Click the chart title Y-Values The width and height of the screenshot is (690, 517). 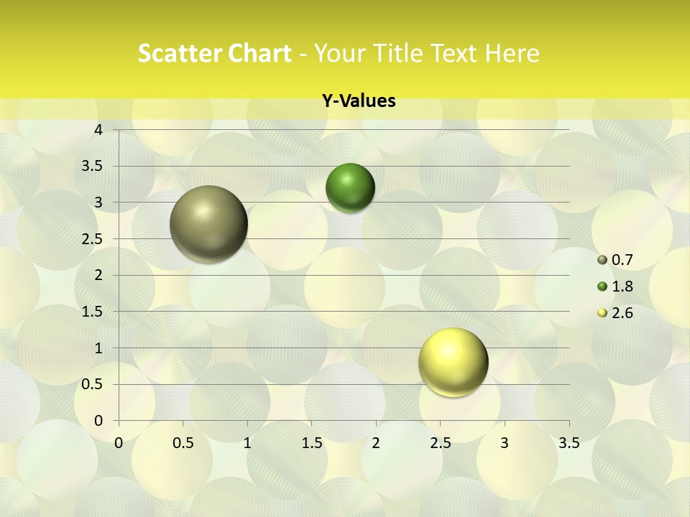pyautogui.click(x=359, y=101)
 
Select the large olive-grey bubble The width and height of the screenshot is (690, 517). pyautogui.click(x=209, y=224)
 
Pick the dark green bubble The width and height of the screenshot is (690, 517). pyautogui.click(x=351, y=187)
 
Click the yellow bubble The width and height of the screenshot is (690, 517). pyautogui.click(x=453, y=362)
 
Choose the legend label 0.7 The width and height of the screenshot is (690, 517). pyautogui.click(x=622, y=260)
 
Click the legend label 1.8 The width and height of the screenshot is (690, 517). pyautogui.click(x=622, y=287)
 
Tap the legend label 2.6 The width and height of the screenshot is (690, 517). pyautogui.click(x=622, y=313)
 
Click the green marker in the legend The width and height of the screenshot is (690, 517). pyautogui.click(x=602, y=287)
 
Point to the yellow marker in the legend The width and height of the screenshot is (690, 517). pyautogui.click(x=602, y=313)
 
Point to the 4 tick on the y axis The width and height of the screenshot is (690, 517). pyautogui.click(x=98, y=130)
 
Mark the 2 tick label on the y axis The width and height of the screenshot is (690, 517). pyautogui.click(x=98, y=275)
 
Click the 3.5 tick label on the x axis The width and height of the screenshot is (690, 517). pyautogui.click(x=569, y=443)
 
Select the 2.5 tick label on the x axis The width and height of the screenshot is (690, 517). pyautogui.click(x=440, y=443)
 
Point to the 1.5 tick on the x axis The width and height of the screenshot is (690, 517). pyautogui.click(x=311, y=443)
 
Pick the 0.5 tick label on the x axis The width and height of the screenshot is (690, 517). pyautogui.click(x=183, y=443)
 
